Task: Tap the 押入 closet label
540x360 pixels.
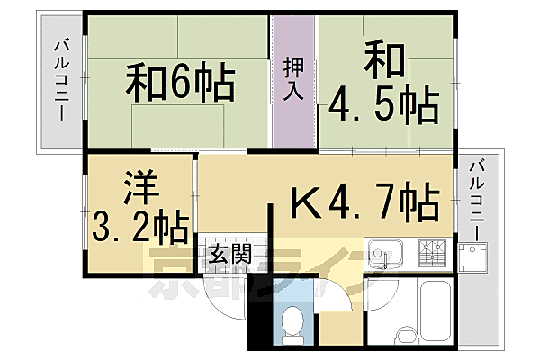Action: click(294, 78)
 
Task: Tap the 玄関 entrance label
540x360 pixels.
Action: click(229, 255)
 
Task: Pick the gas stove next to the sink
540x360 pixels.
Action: click(431, 253)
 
